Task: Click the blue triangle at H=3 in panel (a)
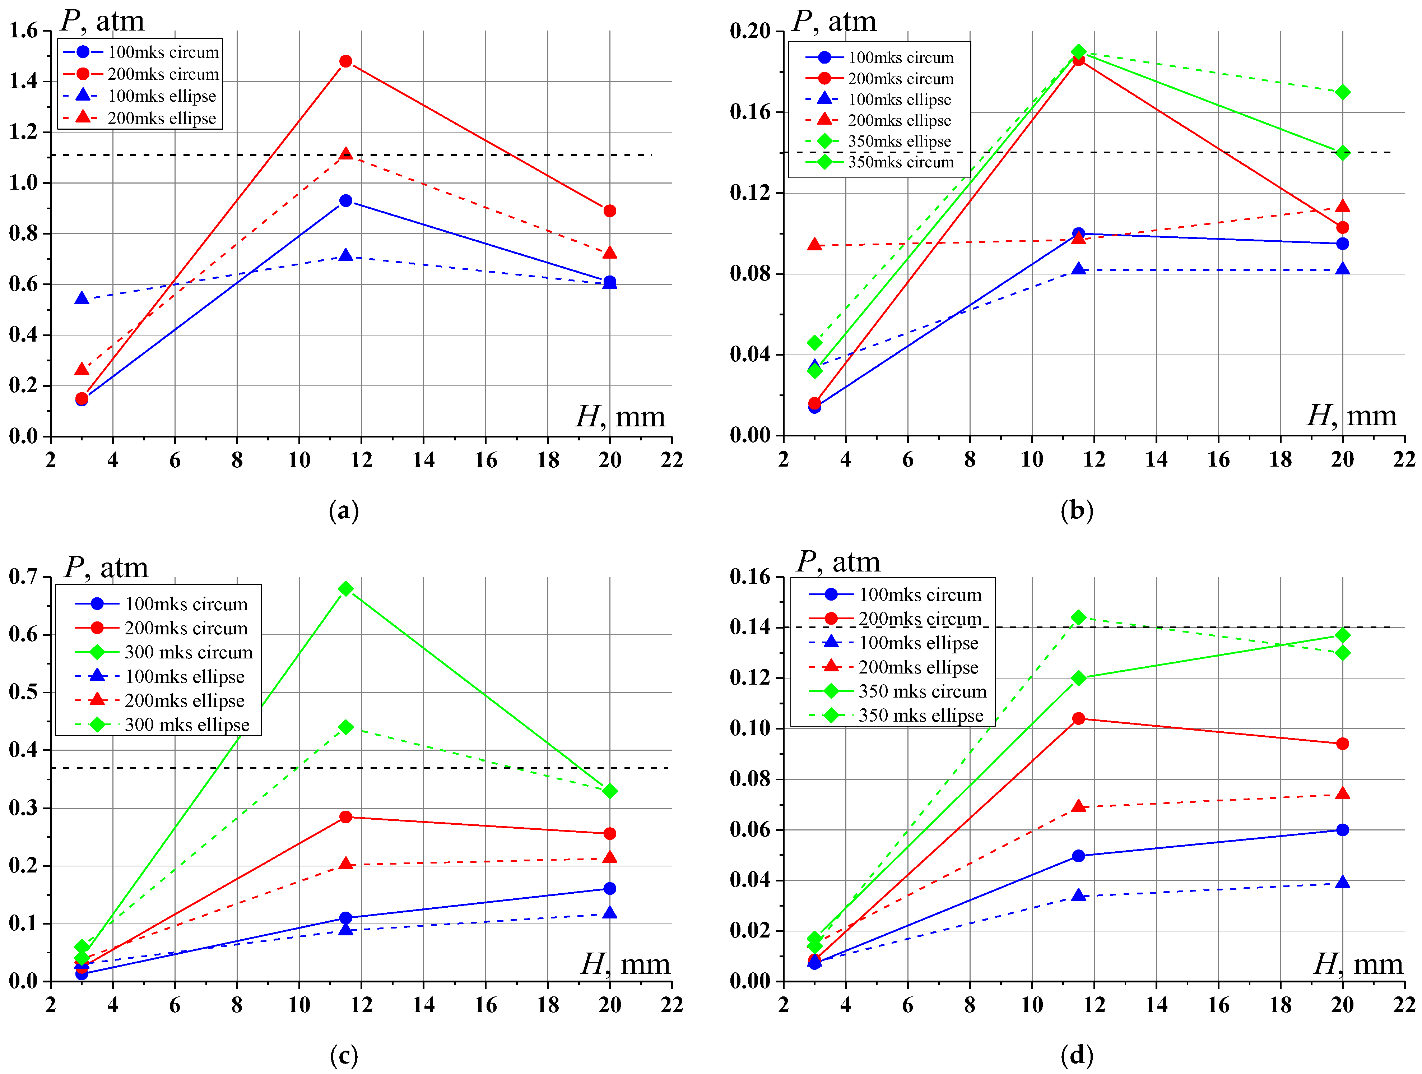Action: click(82, 298)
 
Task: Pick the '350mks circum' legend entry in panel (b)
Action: click(900, 162)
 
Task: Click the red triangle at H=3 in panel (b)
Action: click(814, 244)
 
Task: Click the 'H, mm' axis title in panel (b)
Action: click(1351, 416)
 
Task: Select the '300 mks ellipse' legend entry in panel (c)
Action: click(186, 725)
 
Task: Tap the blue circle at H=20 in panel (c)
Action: click(610, 888)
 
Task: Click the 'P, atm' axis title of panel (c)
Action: click(106, 567)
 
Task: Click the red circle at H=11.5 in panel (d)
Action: click(1079, 718)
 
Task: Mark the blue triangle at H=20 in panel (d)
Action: click(1342, 882)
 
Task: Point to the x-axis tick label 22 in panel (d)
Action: click(1404, 1005)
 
